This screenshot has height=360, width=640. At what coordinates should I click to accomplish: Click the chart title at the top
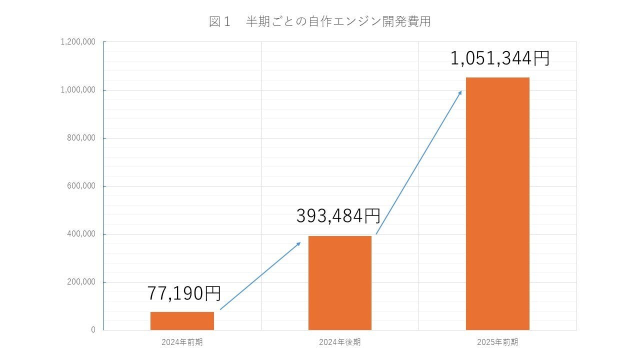click(320, 22)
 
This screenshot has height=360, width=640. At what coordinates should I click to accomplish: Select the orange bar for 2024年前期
click(182, 321)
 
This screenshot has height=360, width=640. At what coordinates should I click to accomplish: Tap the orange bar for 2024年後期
click(340, 283)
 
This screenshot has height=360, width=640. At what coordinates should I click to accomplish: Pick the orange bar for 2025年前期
click(497, 203)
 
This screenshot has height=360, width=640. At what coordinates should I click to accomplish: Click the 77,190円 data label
click(184, 293)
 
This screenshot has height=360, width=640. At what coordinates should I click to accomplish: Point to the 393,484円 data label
click(338, 216)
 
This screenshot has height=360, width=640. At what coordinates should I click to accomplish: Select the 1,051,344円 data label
click(499, 58)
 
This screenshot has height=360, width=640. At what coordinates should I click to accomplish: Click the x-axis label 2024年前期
click(182, 342)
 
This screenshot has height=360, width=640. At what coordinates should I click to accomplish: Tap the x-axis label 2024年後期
click(340, 342)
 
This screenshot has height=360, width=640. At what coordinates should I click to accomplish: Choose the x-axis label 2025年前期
click(497, 342)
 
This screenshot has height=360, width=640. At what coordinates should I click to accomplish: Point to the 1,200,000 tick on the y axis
click(78, 42)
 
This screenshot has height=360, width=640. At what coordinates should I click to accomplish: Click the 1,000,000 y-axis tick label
click(78, 90)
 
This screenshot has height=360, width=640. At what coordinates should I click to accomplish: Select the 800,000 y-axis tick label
click(81, 138)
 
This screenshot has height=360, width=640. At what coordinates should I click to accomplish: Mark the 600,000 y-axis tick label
click(81, 186)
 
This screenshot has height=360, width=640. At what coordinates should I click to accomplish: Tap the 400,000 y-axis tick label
click(81, 234)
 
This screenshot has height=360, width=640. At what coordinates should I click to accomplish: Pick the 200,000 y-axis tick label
click(81, 282)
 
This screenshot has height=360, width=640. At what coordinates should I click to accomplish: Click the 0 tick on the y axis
click(93, 330)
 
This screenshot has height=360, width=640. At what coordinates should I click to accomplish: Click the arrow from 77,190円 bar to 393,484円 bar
click(260, 276)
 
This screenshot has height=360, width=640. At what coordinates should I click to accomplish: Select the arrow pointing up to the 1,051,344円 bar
click(418, 162)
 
